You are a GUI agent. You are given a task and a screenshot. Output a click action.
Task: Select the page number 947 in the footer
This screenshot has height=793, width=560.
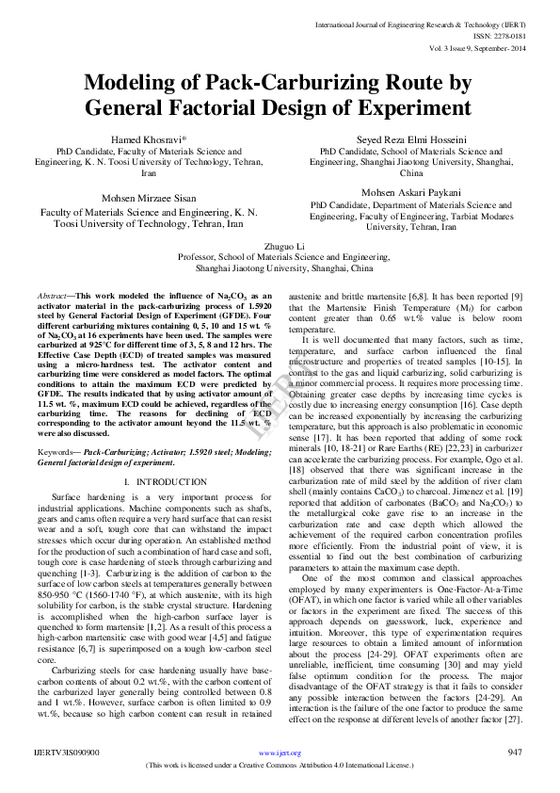coord(514,752)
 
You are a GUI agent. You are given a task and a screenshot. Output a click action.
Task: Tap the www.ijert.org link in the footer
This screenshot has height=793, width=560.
coord(280,753)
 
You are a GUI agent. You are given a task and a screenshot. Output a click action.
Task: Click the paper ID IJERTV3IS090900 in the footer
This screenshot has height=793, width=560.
coord(63,752)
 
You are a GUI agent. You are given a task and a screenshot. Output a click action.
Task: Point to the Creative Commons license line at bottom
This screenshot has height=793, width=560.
coord(280,766)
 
